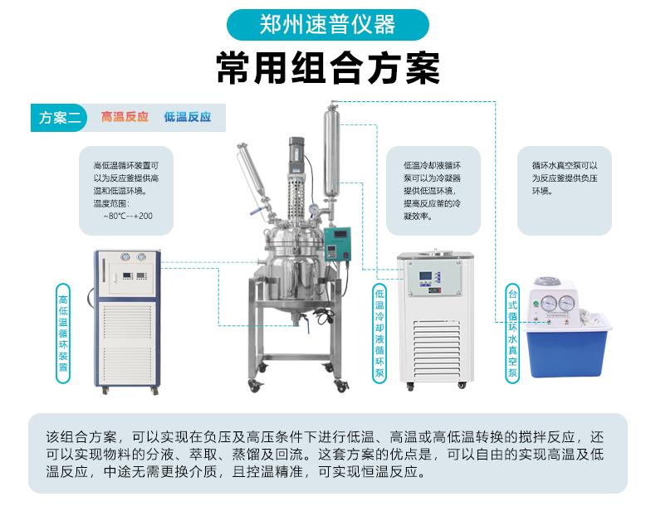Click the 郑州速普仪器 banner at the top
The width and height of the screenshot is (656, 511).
tap(327, 25)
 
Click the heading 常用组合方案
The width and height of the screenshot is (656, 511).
tap(328, 68)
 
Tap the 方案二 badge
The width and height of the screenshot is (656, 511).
tap(59, 118)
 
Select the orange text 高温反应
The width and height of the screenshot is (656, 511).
tap(125, 117)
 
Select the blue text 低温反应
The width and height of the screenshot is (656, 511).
tap(188, 117)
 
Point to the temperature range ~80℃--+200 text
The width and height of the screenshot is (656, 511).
tap(128, 216)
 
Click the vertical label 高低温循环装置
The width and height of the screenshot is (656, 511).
tap(63, 333)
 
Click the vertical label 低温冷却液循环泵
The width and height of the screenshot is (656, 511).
tap(379, 333)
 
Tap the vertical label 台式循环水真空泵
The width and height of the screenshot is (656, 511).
tap(512, 333)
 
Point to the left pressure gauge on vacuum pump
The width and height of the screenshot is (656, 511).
tap(548, 304)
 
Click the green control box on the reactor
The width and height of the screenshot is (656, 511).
tap(337, 245)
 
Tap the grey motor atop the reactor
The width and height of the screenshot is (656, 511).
tap(296, 154)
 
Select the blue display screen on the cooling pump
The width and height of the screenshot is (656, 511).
tap(425, 276)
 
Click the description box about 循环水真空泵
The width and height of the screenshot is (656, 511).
tap(565, 191)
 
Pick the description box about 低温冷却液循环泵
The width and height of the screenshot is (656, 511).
tap(433, 191)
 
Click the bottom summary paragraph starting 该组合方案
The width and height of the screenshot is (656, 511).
tap(325, 454)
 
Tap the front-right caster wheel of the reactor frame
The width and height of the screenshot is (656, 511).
tap(341, 386)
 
